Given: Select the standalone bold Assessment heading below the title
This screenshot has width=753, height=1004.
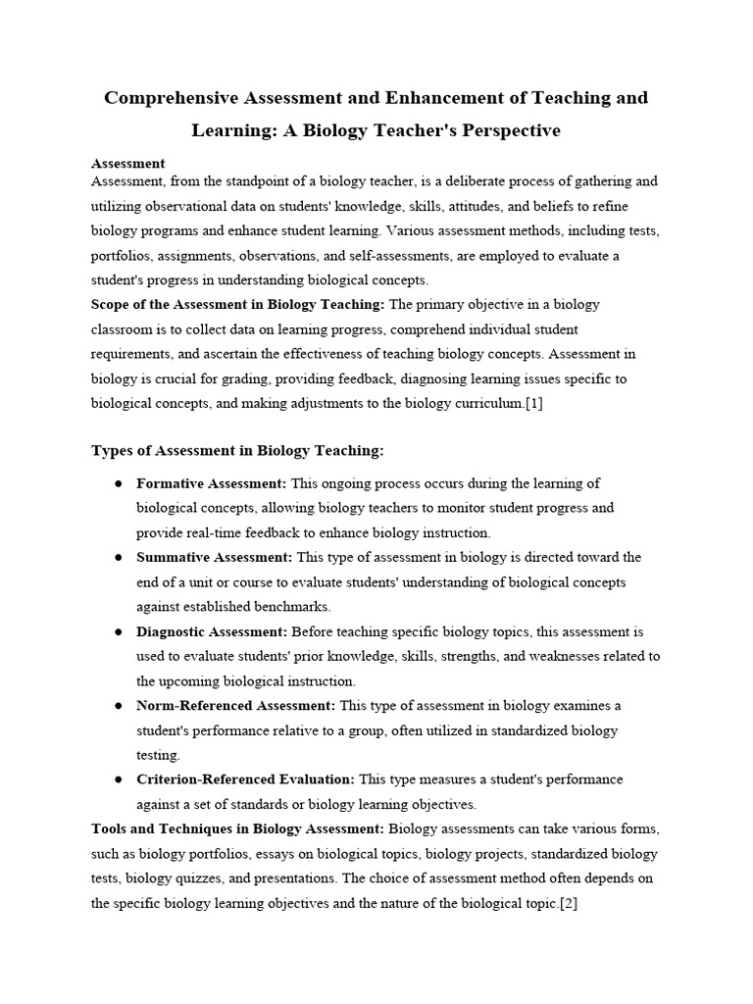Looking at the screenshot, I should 127,164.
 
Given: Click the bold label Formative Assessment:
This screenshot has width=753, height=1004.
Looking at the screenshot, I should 211,483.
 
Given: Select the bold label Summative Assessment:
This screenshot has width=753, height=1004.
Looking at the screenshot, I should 214,557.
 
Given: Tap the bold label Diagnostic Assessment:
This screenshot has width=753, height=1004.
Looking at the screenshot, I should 212,631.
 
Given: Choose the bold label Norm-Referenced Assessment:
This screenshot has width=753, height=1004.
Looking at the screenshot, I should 235,705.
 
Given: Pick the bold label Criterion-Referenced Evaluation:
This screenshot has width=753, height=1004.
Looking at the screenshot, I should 245,779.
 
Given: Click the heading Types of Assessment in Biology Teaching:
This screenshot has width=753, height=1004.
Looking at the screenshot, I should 237,450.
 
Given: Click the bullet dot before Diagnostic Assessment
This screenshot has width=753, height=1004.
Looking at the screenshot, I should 118,631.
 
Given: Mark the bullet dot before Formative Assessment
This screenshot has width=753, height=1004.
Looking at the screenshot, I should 118,483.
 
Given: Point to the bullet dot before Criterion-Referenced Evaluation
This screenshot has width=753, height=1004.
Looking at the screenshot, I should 118,779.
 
